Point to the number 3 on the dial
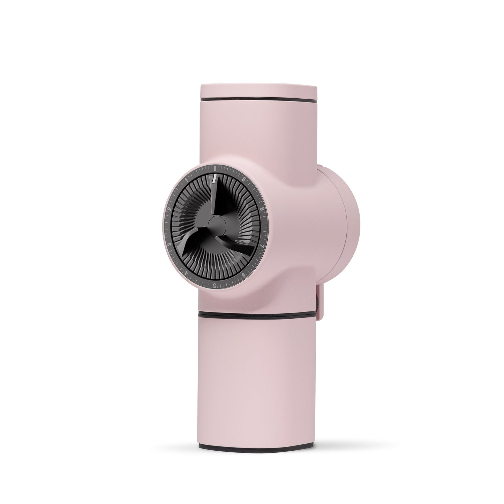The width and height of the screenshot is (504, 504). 169,246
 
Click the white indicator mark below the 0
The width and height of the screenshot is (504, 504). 215,176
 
